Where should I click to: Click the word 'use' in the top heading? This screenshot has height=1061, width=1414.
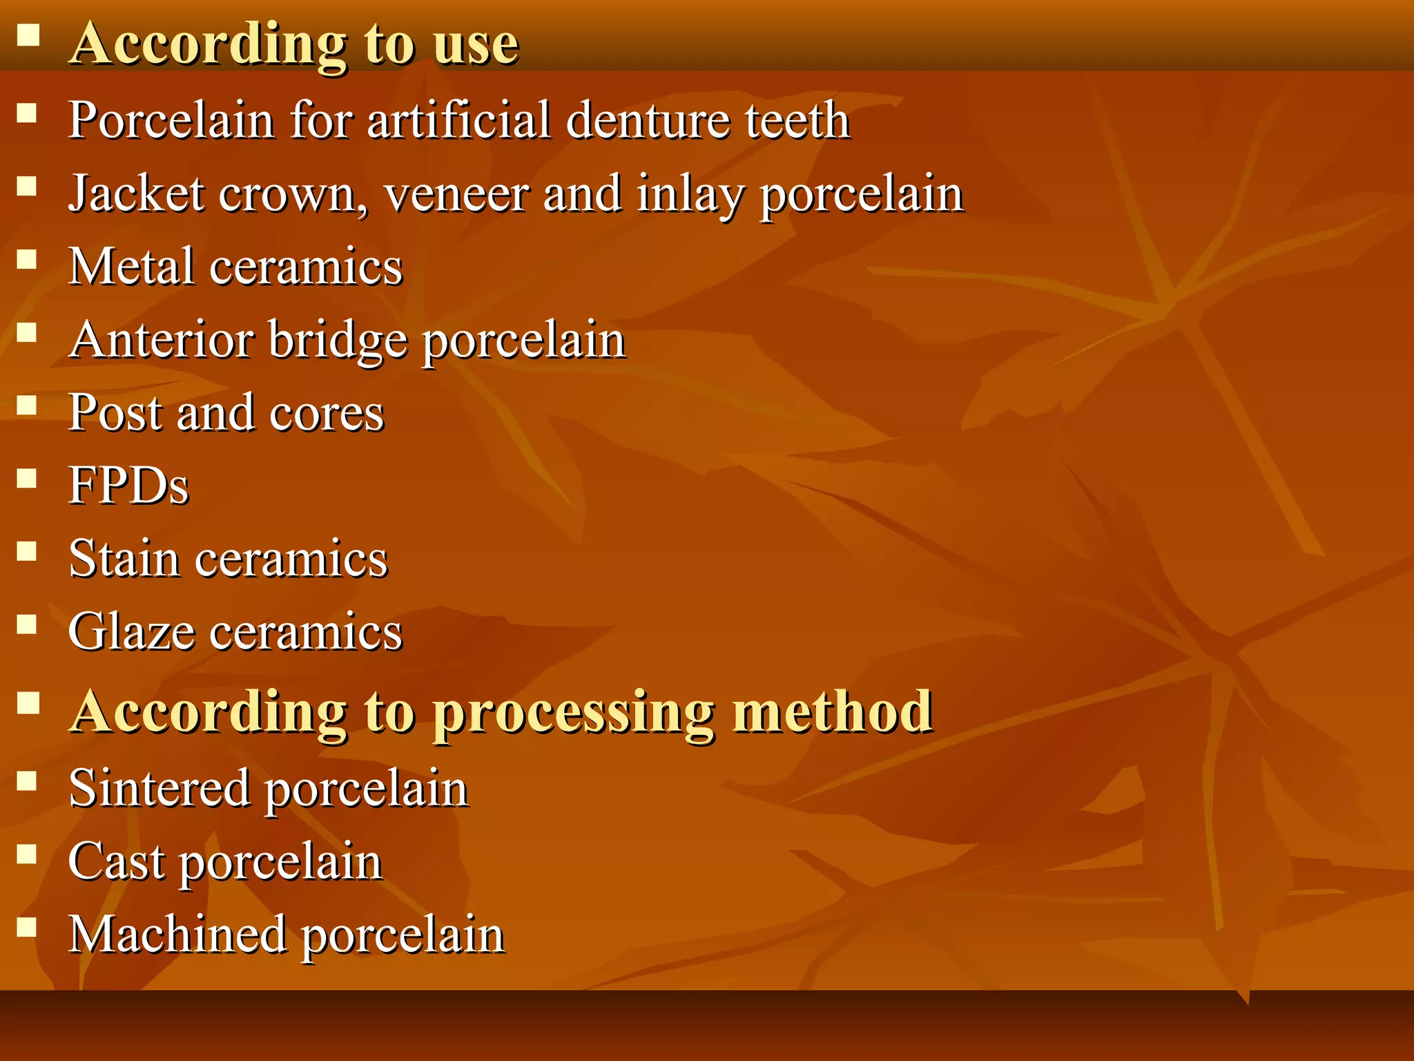click(476, 44)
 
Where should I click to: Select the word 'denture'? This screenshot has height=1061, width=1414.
click(648, 121)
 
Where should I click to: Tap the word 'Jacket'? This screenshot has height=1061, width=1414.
click(137, 194)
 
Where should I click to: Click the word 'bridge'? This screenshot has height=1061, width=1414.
click(338, 341)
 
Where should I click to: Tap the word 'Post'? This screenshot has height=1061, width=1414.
click(115, 413)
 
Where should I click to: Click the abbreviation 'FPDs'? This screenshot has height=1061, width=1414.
click(129, 486)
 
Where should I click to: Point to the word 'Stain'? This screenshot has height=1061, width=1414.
click(124, 558)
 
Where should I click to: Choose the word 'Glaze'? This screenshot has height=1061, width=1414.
click(131, 631)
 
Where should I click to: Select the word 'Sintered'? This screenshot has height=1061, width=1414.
click(159, 788)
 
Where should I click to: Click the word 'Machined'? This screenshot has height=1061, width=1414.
click(177, 935)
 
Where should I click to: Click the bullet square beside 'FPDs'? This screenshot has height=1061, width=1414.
click(27, 478)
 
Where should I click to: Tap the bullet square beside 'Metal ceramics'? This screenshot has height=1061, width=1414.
click(27, 259)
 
